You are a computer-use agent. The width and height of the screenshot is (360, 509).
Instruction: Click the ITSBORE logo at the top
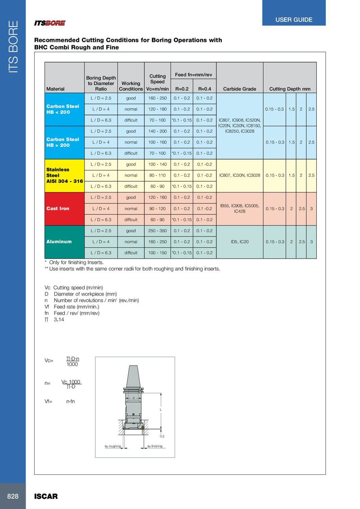pyautogui.click(x=50, y=23)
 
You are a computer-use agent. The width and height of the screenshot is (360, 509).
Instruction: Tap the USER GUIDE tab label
pyautogui.click(x=294, y=20)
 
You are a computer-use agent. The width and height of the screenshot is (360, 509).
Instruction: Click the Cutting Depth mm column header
pyautogui.click(x=290, y=89)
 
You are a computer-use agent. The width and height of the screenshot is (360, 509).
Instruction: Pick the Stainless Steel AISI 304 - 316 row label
pyautogui.click(x=64, y=175)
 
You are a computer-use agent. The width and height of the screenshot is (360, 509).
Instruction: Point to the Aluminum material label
pyautogui.click(x=59, y=241)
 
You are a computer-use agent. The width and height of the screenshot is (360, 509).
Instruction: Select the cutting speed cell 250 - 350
pyautogui.click(x=157, y=231)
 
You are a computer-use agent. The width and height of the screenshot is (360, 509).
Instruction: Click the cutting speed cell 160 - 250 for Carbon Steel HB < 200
pyautogui.click(x=157, y=98)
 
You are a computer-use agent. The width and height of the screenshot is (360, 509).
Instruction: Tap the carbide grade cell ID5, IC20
pyautogui.click(x=239, y=242)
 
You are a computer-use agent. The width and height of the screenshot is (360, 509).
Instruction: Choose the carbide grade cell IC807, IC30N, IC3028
pyautogui.click(x=239, y=175)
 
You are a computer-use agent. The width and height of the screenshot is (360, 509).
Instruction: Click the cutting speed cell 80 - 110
pyautogui.click(x=157, y=175)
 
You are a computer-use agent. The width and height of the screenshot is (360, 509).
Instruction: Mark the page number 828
pyautogui.click(x=13, y=496)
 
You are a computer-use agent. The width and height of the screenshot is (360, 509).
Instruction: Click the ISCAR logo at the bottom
pyautogui.click(x=46, y=496)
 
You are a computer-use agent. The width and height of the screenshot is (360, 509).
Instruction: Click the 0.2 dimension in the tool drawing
pyautogui.click(x=162, y=436)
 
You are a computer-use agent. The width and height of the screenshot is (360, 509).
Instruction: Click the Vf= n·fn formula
pyautogui.click(x=60, y=401)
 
